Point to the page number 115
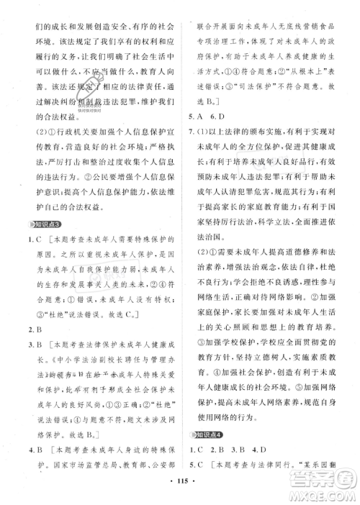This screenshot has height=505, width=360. click(180, 495)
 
